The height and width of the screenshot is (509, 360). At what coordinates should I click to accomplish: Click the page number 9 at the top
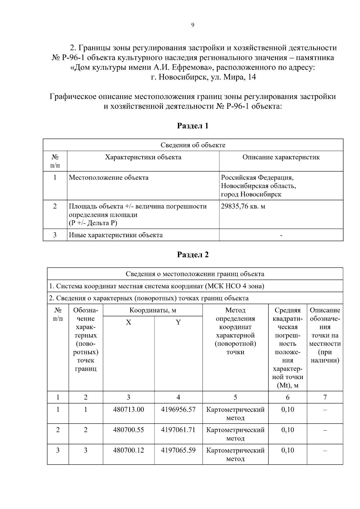[193, 25]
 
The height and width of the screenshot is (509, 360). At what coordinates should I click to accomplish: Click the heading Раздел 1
[193, 126]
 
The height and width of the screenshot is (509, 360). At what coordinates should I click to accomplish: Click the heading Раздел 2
[193, 255]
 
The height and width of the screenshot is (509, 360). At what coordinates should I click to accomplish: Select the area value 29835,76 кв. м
[243, 206]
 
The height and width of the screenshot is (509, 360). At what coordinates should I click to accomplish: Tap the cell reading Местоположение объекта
[109, 178]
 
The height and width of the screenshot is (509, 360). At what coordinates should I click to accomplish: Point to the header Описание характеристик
[281, 157]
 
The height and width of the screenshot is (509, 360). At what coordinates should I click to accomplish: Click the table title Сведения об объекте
[193, 145]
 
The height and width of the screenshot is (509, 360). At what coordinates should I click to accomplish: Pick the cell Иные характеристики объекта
[116, 235]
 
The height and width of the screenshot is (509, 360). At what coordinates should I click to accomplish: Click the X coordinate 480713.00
[128, 409]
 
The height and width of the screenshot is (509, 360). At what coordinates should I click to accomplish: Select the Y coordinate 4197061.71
[178, 430]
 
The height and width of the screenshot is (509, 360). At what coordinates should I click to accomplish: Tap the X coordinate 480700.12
[128, 450]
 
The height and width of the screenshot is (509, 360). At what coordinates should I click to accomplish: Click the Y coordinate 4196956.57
[178, 409]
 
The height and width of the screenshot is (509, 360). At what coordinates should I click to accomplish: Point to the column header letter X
[128, 322]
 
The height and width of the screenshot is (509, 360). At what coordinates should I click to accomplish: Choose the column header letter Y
[178, 322]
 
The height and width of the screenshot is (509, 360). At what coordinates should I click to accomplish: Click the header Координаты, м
[153, 310]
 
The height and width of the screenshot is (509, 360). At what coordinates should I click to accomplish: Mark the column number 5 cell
[235, 397]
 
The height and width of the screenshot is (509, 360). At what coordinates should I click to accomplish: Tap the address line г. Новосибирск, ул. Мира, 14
[203, 77]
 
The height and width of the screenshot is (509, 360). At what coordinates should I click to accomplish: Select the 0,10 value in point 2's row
[287, 430]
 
